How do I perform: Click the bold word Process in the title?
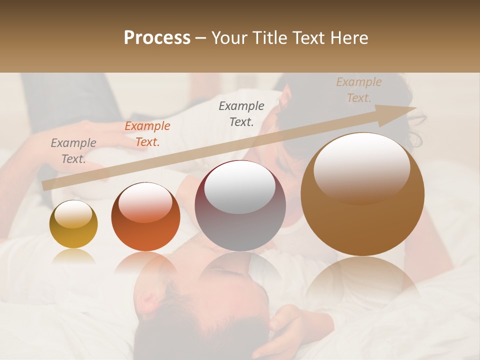[x=157, y=38]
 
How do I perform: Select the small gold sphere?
[x=73, y=224]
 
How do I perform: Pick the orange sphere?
[x=145, y=216]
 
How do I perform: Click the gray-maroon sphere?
[x=240, y=205]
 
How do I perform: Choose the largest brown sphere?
[x=362, y=194]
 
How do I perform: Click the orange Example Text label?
[x=147, y=134]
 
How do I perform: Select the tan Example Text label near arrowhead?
[x=359, y=90]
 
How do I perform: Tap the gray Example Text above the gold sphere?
[x=73, y=151]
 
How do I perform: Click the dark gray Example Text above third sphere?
[x=241, y=114]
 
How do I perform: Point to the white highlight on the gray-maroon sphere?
[x=240, y=186]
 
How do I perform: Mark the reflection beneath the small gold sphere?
[x=73, y=256]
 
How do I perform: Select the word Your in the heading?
[x=230, y=38]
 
